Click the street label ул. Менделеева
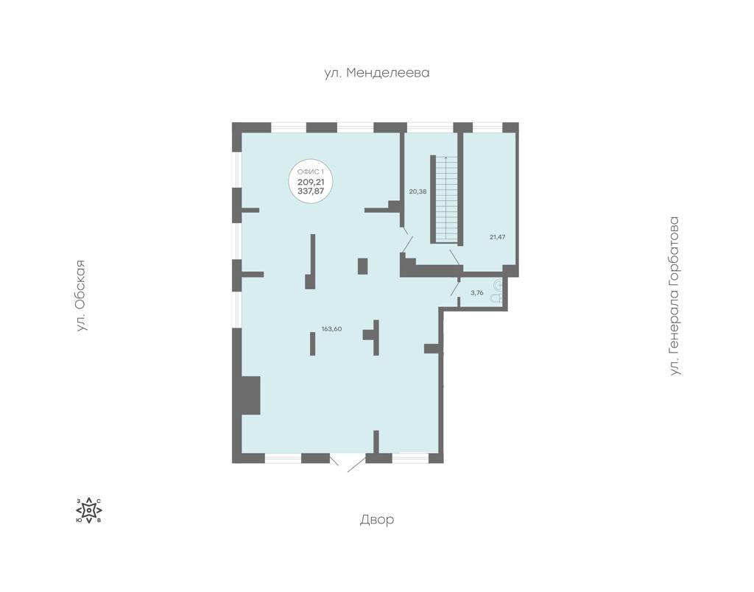376,73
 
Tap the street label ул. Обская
82,295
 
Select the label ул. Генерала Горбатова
675,296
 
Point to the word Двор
377,519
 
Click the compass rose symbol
89,510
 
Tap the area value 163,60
332,329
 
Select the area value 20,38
418,191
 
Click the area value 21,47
497,236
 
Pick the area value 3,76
476,292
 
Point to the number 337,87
311,191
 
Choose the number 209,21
311,182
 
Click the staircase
446,199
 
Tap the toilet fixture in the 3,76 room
497,292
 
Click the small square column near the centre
362,266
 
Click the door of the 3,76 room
455,287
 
